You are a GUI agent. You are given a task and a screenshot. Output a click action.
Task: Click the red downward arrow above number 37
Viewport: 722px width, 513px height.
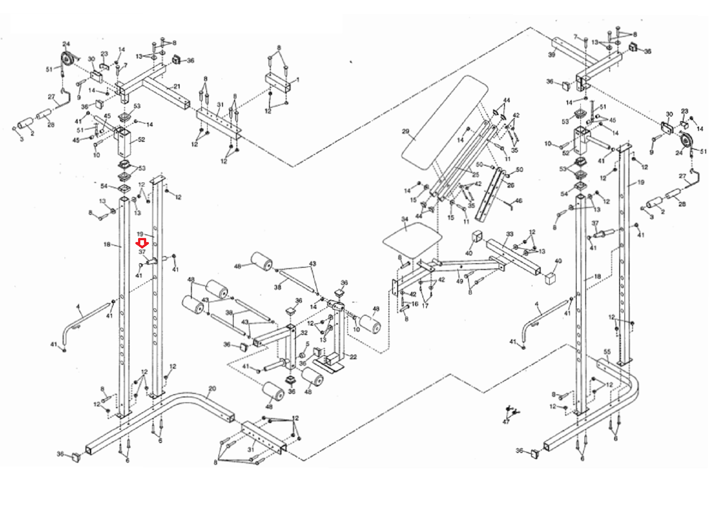point(142,243)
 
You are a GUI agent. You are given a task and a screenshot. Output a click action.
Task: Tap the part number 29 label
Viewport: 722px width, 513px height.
point(405,131)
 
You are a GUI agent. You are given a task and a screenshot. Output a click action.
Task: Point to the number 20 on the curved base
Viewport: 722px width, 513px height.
point(212,388)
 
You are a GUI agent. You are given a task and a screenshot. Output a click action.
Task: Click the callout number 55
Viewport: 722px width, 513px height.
point(607,352)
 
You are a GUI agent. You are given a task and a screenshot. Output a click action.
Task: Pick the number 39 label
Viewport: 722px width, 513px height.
point(551,55)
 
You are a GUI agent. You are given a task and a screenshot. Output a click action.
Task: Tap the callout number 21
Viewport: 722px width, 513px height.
point(177,86)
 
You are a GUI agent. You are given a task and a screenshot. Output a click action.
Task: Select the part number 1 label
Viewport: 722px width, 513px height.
point(298,80)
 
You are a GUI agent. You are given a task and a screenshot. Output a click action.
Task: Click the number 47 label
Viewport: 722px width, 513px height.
point(506,422)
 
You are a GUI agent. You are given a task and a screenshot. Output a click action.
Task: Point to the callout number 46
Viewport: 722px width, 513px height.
point(518,201)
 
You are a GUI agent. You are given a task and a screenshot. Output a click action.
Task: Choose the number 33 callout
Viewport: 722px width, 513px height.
point(509,234)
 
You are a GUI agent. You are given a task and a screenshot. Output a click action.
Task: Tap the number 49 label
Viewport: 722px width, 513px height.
point(459,281)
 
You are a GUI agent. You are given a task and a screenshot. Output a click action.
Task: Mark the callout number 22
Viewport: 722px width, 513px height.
point(353,357)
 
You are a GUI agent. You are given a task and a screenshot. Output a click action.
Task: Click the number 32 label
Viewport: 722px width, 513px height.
point(304,333)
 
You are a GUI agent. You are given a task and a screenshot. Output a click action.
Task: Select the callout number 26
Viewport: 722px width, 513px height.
point(510,185)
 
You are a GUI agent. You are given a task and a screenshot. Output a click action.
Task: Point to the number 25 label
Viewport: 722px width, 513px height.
point(476,174)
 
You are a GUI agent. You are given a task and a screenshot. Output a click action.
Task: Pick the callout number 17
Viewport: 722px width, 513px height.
point(425,306)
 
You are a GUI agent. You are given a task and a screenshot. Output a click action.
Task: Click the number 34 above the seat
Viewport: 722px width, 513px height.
point(405,219)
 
